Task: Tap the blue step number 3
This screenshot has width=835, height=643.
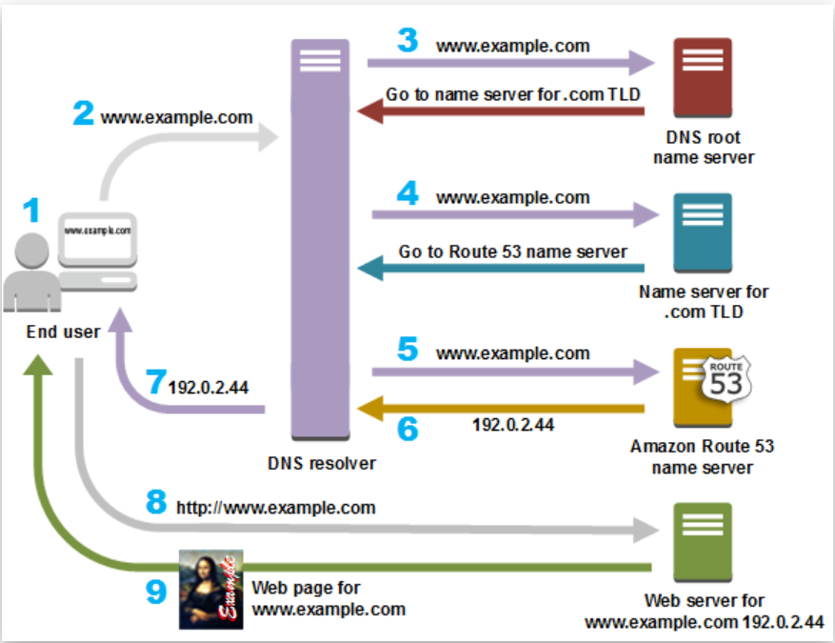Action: pyautogui.click(x=408, y=41)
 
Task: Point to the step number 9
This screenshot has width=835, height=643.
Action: pyautogui.click(x=155, y=592)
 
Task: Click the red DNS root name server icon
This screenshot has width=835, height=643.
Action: pyautogui.click(x=702, y=77)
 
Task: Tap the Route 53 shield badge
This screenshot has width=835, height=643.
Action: pyautogui.click(x=726, y=379)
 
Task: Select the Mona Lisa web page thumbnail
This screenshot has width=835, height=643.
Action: pyautogui.click(x=210, y=589)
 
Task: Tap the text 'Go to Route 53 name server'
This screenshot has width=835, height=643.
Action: pyautogui.click(x=513, y=251)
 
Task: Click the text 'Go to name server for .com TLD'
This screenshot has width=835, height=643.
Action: pyautogui.click(x=512, y=95)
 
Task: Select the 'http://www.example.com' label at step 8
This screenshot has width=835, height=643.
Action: pyautogui.click(x=276, y=508)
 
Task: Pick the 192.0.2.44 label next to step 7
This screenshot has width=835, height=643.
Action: pyautogui.click(x=208, y=389)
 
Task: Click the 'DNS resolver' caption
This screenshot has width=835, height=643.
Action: pyautogui.click(x=322, y=464)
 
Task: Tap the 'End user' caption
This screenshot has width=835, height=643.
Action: pyautogui.click(x=63, y=332)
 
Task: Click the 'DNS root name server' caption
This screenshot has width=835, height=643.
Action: pyautogui.click(x=703, y=147)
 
